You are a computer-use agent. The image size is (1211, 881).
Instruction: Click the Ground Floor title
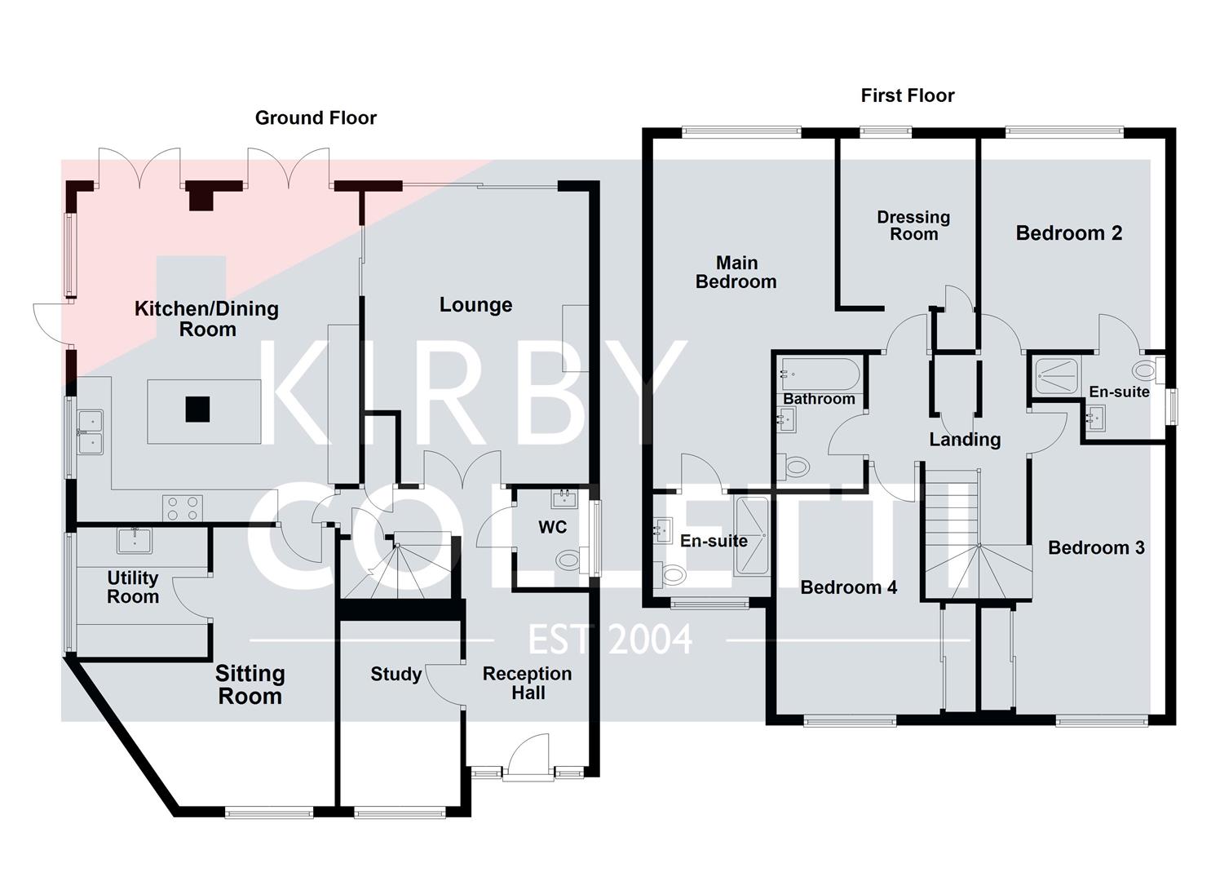coord(316,117)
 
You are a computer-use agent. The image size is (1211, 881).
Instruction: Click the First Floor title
coord(907,95)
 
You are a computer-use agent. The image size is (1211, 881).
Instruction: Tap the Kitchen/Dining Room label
coord(206,319)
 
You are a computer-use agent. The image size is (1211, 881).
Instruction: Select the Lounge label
coord(475,305)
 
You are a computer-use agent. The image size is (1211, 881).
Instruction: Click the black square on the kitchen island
coord(197,409)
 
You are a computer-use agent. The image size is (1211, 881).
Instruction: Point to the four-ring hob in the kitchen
coord(183,507)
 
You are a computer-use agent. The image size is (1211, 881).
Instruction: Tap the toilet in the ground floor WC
coord(568,560)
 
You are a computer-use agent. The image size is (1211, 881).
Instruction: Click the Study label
coord(396,674)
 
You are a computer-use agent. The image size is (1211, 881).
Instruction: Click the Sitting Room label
coord(250,684)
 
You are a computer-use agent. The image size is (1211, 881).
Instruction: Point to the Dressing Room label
coord(913,226)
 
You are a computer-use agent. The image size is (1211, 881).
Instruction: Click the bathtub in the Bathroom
coord(818,374)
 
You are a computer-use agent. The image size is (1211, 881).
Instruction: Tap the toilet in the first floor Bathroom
coord(794,467)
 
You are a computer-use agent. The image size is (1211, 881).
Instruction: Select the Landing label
coord(965,440)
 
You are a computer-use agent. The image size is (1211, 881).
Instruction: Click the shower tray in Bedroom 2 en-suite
coord(1056,376)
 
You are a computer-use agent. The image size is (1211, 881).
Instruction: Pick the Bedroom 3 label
coord(1096,547)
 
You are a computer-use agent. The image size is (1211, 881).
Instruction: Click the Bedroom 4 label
coord(848,587)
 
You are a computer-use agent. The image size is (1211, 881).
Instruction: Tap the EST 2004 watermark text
coord(610,640)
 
